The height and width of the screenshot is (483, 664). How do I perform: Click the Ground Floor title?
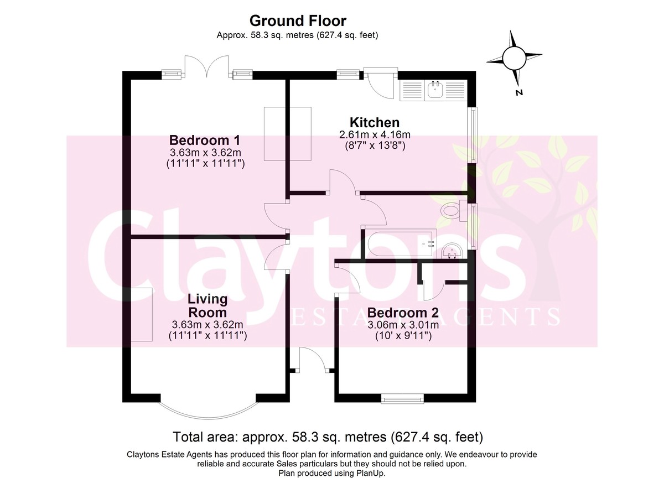pos(298,20)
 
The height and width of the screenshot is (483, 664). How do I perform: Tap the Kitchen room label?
pos(375,122)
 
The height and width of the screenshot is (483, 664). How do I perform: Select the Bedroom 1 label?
pos(205,140)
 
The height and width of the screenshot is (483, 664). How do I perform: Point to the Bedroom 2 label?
pos(403,313)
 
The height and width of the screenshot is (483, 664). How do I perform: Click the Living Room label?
pos(207,305)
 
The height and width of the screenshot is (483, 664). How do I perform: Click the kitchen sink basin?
pos(435,90)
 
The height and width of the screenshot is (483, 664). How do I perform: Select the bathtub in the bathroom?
pos(401,242)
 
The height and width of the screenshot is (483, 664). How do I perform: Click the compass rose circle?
pos(514,58)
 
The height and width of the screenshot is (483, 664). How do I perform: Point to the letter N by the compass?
pos(519,93)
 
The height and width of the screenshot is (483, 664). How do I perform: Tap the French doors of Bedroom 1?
pos(207,67)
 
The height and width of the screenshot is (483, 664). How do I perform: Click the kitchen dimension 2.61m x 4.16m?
pos(375,135)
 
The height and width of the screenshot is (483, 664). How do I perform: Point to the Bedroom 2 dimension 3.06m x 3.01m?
pos(403,325)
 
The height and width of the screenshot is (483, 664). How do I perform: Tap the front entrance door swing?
pos(313,360)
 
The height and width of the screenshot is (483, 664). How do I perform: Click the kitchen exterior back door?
pos(380,86)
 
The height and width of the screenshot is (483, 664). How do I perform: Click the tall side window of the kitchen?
pos(472,135)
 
